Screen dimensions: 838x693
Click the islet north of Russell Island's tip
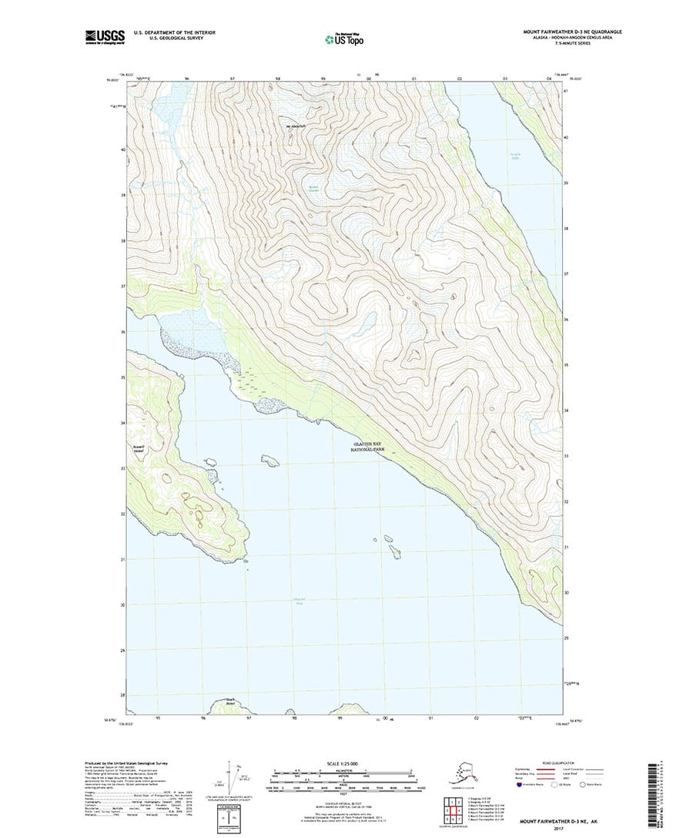269,461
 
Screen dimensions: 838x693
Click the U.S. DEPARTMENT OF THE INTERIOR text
174,32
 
